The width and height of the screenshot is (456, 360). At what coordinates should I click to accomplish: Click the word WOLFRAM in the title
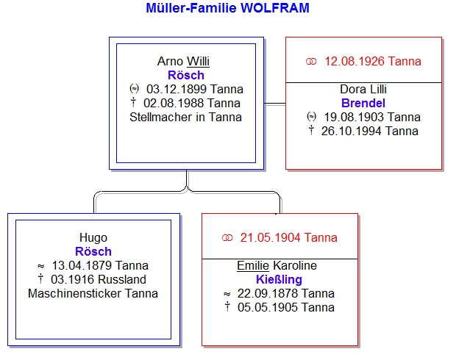click(275, 8)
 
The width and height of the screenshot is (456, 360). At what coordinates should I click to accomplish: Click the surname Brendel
click(363, 103)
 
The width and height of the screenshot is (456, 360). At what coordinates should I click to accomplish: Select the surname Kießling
click(279, 279)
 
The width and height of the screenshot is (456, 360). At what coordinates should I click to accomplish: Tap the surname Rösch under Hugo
click(93, 251)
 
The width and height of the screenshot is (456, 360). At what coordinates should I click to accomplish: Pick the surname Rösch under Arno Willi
click(186, 75)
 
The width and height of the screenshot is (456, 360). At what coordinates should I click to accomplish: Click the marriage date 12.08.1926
click(355, 61)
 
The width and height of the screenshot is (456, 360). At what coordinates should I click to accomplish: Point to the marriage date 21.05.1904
click(270, 238)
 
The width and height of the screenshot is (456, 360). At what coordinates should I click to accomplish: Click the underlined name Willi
click(198, 61)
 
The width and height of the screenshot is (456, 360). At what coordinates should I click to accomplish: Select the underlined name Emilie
click(253, 265)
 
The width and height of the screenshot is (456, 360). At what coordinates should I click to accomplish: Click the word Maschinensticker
click(74, 293)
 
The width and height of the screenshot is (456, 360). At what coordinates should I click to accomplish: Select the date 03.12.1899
click(177, 89)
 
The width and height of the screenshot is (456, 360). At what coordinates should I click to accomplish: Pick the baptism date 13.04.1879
click(82, 265)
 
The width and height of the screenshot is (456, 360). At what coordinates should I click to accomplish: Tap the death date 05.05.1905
click(268, 307)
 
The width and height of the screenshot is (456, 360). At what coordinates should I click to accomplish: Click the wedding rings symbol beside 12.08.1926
click(311, 61)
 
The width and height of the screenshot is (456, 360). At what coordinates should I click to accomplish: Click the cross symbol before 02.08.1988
click(133, 102)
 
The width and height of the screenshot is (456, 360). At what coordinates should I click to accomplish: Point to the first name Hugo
click(93, 238)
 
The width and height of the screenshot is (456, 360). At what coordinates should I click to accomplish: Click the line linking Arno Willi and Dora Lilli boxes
click(275, 103)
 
